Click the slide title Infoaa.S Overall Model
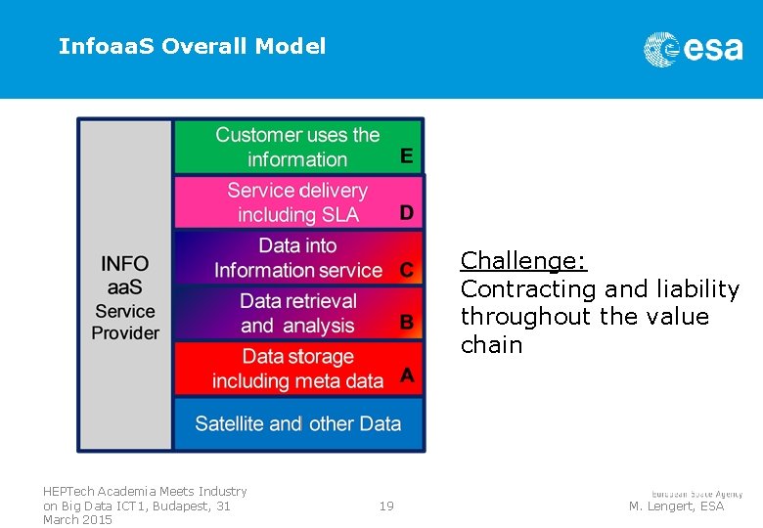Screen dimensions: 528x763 (x=192, y=46)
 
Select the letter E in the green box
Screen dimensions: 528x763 (x=406, y=155)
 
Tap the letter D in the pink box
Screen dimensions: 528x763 (x=406, y=212)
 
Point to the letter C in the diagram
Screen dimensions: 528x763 (x=406, y=269)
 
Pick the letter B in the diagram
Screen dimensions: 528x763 (x=406, y=322)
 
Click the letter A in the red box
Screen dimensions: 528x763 (x=406, y=375)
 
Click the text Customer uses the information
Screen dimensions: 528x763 (x=297, y=147)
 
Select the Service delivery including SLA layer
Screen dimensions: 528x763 (x=297, y=202)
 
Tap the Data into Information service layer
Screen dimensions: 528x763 (x=297, y=258)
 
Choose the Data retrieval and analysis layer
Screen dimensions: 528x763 (x=297, y=313)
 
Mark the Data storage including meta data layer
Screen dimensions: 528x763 (x=297, y=369)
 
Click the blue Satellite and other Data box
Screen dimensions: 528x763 (x=297, y=423)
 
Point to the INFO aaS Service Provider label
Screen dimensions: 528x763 (x=125, y=297)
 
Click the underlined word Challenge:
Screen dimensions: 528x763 (x=523, y=261)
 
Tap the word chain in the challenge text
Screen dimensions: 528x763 (x=491, y=345)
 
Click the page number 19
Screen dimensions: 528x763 (x=386, y=506)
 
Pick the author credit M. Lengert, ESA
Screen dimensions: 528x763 (x=676, y=506)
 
